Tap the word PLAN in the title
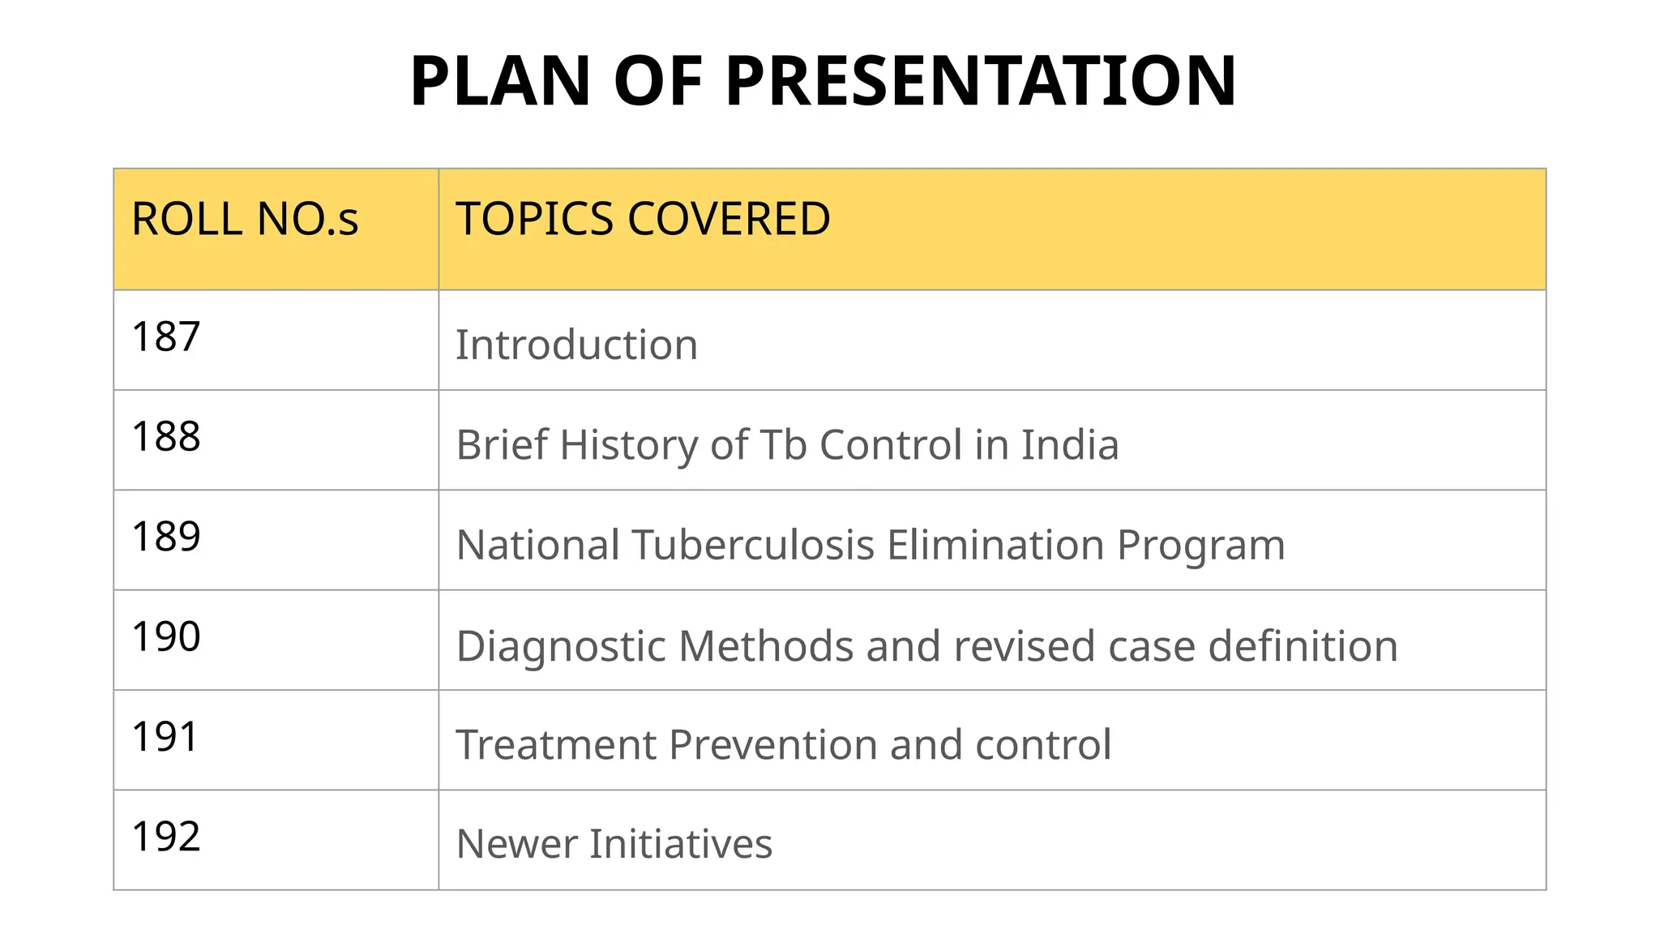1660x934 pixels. (500, 81)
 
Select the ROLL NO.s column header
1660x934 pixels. (245, 219)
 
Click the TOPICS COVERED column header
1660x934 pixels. (643, 219)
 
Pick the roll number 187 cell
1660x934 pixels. (166, 336)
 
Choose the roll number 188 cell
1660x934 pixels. (166, 436)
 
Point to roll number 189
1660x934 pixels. (166, 536)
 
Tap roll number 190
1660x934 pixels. (166, 636)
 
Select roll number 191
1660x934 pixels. (165, 737)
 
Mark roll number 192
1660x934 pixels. (166, 837)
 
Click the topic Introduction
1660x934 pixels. (576, 345)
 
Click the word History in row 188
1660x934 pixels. (627, 444)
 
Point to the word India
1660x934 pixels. (1070, 444)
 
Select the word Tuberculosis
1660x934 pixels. (754, 544)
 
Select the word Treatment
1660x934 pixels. (555, 744)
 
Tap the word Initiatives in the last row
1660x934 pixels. (681, 843)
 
